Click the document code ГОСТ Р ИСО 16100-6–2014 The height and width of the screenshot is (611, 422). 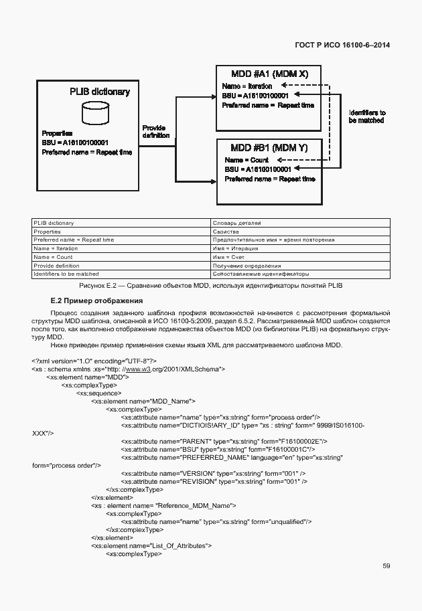coord(342,45)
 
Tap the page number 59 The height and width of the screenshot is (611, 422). coord(386,565)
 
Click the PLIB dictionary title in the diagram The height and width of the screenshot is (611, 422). coord(100,92)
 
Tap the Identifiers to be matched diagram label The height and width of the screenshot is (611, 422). coord(366,117)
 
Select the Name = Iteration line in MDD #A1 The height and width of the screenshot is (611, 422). coord(247,86)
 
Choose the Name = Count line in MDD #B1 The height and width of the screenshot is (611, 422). coord(247,160)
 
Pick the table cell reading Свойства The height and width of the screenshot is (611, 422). coord(225,232)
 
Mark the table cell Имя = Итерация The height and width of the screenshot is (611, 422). coord(234,248)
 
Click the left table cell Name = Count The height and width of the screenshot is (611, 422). coord(53,257)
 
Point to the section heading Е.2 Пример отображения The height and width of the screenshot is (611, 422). coord(96,300)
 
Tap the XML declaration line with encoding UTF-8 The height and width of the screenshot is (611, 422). coord(94,360)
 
